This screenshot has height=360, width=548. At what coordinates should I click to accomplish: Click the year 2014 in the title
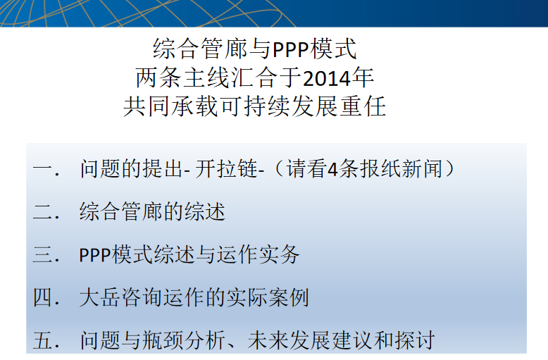326,78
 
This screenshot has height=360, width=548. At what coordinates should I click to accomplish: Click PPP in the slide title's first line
292,49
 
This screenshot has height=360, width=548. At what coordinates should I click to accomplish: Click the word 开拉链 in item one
226,169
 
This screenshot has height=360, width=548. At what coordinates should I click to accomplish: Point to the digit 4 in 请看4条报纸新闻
332,170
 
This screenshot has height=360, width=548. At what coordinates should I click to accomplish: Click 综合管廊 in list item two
121,212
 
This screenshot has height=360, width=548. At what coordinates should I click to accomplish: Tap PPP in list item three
95,255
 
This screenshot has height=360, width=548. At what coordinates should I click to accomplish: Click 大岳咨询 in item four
121,297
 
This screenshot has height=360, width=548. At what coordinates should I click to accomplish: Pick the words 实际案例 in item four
268,297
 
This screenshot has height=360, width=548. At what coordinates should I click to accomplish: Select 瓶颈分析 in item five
183,340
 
